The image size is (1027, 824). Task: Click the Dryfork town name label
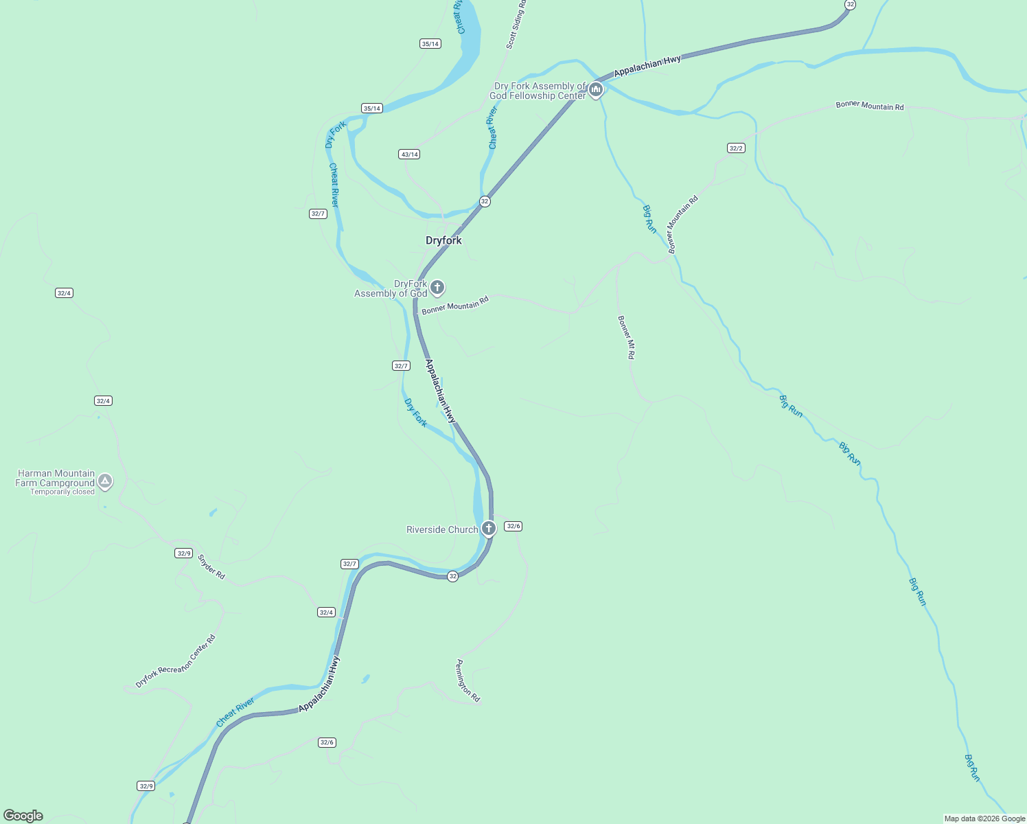point(443,240)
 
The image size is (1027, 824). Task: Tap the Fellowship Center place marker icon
point(596,89)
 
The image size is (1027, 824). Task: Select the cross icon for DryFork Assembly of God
point(437,288)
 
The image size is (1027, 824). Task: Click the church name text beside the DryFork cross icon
point(391,288)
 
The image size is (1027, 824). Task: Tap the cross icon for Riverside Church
point(488,528)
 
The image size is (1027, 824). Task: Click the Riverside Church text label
point(442,529)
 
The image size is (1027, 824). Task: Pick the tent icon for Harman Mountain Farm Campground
point(104,481)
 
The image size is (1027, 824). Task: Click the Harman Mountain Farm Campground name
point(56,478)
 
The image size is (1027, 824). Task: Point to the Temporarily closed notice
point(62,492)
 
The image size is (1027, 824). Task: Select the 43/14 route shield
point(409,154)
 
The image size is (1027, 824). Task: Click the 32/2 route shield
point(736,148)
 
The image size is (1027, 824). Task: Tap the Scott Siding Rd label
point(516,25)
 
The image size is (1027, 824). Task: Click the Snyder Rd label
point(211,566)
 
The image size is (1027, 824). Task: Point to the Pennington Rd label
point(468,680)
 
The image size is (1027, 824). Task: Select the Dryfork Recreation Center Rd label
point(176,661)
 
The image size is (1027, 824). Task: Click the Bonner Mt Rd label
point(626,337)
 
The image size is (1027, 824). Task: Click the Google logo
point(23,815)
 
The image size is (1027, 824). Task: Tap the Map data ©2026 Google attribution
point(984,819)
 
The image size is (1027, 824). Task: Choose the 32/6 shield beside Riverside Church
point(513,526)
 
